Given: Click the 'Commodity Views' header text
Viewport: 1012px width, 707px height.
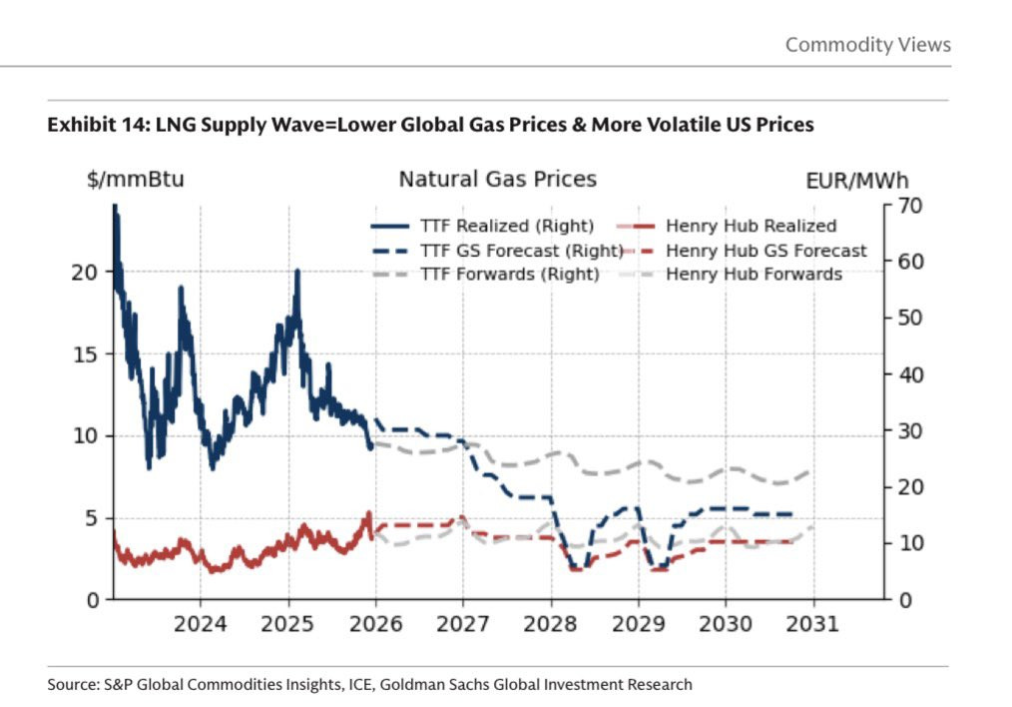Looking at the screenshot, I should [x=867, y=45].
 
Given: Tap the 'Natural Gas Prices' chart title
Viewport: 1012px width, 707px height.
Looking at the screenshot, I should [x=497, y=180].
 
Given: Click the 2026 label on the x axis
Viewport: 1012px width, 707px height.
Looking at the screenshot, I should [x=375, y=625].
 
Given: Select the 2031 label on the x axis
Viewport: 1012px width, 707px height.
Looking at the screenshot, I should [x=813, y=625].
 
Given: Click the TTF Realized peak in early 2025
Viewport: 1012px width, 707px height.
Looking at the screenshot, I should [x=296, y=272].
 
